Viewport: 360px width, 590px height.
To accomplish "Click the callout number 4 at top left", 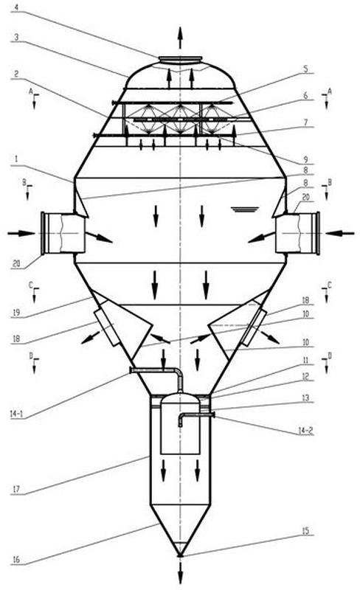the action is pos(15,7).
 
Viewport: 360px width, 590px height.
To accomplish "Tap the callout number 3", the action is pos(16,37).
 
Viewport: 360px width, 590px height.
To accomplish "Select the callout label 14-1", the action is pos(15,414).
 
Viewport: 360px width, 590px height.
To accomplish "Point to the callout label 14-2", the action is pos(305,431).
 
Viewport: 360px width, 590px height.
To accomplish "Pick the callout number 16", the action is pos(15,560).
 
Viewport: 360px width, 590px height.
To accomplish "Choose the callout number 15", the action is pos(305,530).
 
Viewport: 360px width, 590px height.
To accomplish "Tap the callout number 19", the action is pos(16,313).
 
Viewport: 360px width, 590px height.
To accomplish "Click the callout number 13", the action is pos(305,398).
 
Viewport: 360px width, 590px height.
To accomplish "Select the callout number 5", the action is pos(305,69).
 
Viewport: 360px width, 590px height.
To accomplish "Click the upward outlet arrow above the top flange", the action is pos(180,38).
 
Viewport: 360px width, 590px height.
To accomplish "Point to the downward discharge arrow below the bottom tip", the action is pos(181,573).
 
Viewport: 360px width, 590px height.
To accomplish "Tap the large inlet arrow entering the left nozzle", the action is pos(21,233).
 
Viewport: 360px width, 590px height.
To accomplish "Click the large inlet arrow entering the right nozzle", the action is pos(340,233).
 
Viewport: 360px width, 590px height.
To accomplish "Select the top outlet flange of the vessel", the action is pos(180,60).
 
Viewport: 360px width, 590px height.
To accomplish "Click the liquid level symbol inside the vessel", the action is pos(245,209).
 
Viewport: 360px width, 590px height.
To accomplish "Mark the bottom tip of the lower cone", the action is pos(181,555).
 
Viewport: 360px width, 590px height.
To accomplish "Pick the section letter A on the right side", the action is pos(330,91).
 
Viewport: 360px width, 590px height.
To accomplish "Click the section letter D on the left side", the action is pos(31,355).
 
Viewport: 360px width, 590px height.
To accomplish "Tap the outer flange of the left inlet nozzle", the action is pos(43,233).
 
